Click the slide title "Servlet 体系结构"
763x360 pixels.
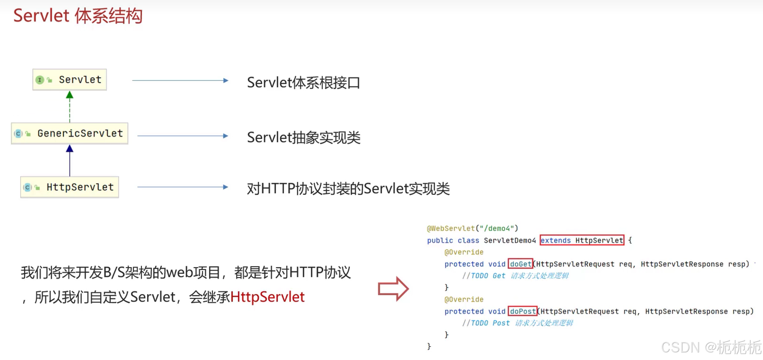point(78,16)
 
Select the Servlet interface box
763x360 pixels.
point(70,80)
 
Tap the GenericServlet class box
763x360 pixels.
point(70,133)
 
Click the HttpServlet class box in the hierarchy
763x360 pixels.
point(70,187)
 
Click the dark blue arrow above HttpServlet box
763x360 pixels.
point(70,161)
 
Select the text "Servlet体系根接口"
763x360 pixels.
point(303,83)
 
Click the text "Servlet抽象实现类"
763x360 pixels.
point(303,138)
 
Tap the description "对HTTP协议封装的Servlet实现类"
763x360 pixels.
point(348,189)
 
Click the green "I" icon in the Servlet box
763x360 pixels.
point(40,80)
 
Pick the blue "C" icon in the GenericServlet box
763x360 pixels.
point(18,134)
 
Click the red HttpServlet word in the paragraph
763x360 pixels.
point(267,297)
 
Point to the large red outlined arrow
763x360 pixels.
point(393,289)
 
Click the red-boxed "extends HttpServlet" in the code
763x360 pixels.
point(582,240)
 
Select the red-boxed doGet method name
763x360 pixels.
point(520,264)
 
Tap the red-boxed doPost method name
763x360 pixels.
point(523,311)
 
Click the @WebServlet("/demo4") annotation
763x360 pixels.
point(472,228)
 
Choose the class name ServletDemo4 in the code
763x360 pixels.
point(510,240)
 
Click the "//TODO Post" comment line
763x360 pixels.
point(518,323)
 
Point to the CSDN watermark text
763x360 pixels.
point(711,347)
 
